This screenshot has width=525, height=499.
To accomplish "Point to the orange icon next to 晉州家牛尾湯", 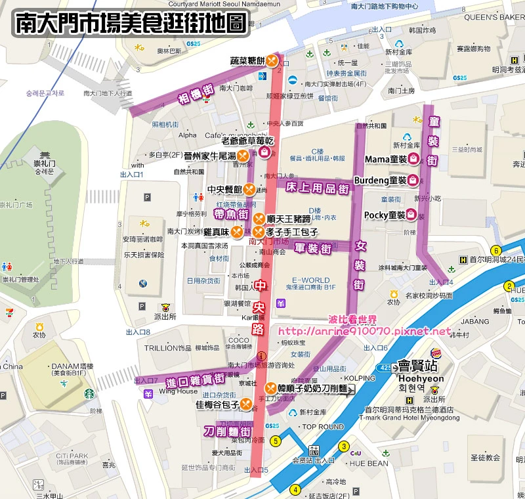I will (x=242, y=156).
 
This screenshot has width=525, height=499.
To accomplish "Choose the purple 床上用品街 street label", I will (x=317, y=187).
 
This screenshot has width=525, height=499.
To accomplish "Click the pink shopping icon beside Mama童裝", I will (x=413, y=158).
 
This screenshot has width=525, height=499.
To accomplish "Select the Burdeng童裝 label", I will (x=380, y=180).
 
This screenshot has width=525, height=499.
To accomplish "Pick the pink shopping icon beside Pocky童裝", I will (x=411, y=214).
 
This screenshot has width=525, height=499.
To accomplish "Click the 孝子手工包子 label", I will (x=292, y=232).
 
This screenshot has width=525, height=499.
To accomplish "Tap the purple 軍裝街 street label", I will (x=311, y=248).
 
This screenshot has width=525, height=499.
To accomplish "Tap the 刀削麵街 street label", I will (x=226, y=431).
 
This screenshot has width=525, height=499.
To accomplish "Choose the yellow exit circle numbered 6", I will (x=497, y=250).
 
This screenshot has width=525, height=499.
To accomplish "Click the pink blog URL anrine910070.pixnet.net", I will (x=365, y=331).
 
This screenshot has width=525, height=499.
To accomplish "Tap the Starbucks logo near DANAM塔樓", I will (x=89, y=394).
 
